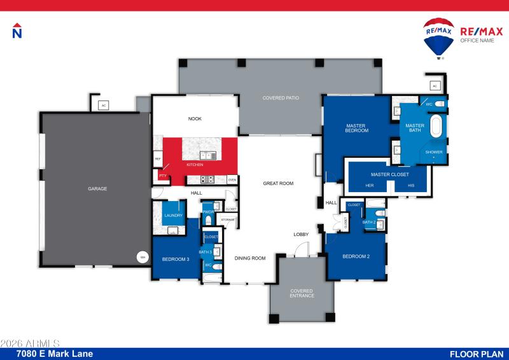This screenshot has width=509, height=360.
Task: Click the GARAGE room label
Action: tap(97, 189)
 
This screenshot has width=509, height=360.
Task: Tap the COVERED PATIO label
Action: tap(281, 98)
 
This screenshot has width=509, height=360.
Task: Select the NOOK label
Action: tap(194, 118)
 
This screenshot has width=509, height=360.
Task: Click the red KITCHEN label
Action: tap(195, 165)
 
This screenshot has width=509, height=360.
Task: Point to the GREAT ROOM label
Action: tap(278, 183)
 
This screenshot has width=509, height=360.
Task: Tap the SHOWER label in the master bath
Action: tap(434, 153)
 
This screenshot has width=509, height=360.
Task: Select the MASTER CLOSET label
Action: tap(390, 174)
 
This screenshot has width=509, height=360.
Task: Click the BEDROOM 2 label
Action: tap(356, 256)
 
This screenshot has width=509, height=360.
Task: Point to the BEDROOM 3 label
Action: tap(176, 259)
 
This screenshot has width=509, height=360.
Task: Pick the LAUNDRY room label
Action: tap(173, 216)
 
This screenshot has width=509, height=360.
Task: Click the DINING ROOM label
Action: tap(249, 258)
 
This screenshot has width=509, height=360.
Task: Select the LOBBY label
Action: tap(301, 235)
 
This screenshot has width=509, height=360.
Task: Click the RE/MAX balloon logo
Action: tap(438, 37)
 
